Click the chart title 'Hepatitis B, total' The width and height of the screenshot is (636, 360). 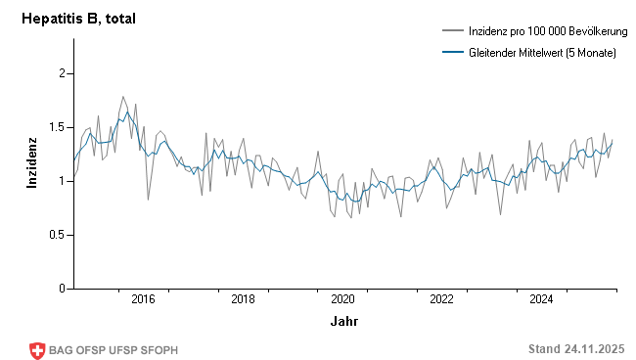(79, 19)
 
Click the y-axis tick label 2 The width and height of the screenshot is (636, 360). (61, 73)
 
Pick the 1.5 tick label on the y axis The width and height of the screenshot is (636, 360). (56, 127)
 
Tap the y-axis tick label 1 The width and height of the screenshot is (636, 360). (61, 181)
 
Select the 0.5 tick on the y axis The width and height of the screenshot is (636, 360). (56, 235)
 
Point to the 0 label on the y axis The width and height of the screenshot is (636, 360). (61, 289)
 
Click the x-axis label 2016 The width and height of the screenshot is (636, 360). (143, 299)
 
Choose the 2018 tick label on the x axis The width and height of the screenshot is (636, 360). (243, 299)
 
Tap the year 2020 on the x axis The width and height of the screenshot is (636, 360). (342, 299)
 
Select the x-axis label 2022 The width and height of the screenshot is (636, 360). (442, 299)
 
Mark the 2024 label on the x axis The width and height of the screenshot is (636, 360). (542, 299)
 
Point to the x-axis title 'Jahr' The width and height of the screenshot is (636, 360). (343, 321)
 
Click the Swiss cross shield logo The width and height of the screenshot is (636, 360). (38, 350)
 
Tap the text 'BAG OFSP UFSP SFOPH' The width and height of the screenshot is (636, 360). (114, 350)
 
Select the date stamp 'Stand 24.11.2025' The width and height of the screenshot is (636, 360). (576, 349)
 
